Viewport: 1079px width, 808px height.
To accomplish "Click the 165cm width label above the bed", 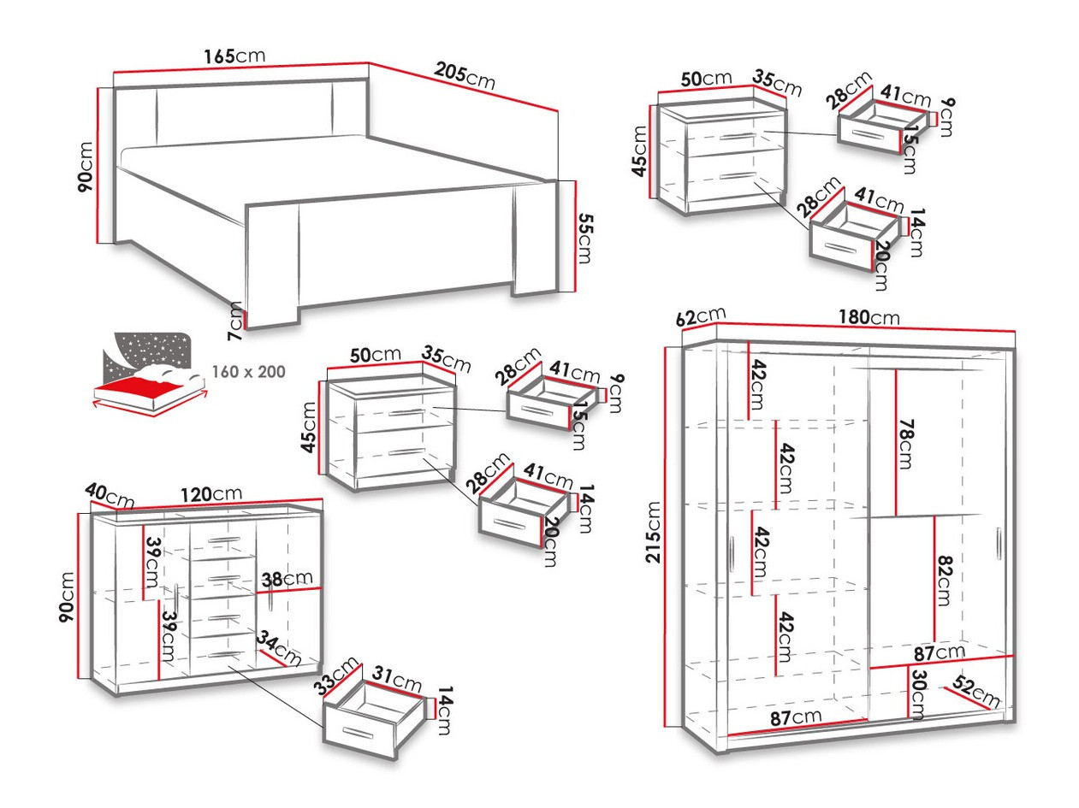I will (234, 56).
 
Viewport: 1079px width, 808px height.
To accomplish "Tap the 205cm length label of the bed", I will (464, 75).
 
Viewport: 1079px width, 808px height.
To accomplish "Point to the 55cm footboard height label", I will (584, 238).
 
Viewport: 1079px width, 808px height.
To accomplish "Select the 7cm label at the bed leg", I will (236, 321).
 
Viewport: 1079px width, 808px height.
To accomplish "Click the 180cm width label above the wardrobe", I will (869, 317).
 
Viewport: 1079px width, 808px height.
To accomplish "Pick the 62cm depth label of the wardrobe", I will (700, 317).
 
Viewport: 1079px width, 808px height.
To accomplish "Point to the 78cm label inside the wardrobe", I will (905, 443).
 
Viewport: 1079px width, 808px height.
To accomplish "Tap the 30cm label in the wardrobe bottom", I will (916, 694).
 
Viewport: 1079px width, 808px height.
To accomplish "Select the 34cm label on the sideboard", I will (280, 649).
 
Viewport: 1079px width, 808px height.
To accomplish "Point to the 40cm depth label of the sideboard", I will (110, 494).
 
